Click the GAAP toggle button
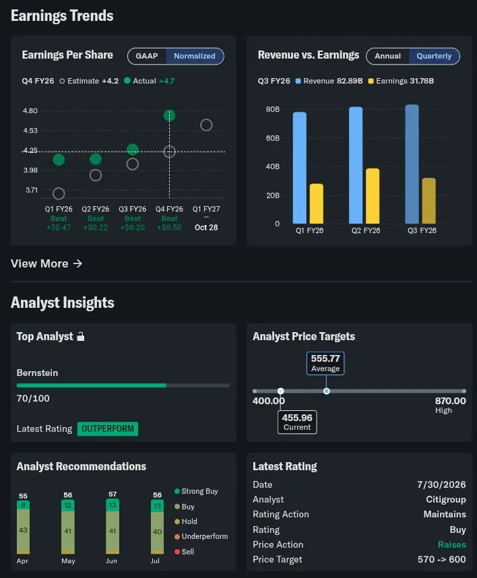147,56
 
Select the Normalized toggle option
195,56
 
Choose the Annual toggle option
387,56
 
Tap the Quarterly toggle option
434,56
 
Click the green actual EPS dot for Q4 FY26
169,115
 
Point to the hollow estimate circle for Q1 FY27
206,125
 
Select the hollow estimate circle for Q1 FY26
59,193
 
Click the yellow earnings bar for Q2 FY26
373,196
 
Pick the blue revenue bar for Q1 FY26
299,168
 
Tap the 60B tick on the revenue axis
273,138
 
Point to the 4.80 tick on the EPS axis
30,110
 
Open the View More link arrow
77,263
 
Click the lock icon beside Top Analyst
81,336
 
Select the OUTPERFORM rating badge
108,428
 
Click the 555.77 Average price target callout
325,364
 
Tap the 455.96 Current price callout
297,422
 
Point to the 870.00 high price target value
451,401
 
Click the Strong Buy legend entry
196,491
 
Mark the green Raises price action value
451,544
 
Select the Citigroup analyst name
446,499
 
